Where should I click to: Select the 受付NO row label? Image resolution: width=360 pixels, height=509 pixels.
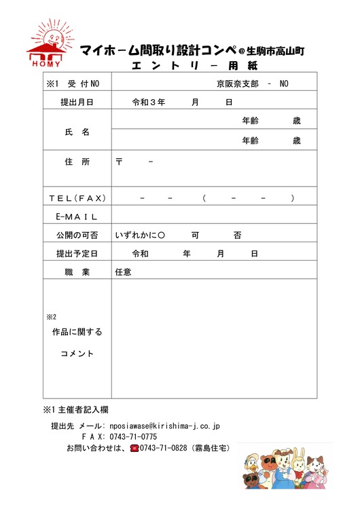point(73,83)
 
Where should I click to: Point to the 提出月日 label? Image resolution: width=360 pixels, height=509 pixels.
point(77,102)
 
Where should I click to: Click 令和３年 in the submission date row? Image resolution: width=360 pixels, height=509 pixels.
point(148,102)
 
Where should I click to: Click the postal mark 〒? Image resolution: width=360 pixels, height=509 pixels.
point(120,162)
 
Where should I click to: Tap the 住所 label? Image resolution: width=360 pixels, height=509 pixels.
point(77,162)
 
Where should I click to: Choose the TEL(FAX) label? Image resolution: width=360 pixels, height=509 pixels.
point(77,198)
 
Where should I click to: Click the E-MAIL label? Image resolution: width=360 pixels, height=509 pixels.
point(77,216)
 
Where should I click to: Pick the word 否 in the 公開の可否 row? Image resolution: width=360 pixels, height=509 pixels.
point(237,235)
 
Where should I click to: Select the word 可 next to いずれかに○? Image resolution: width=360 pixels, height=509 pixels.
point(195,235)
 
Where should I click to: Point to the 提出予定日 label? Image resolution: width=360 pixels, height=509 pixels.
point(77,254)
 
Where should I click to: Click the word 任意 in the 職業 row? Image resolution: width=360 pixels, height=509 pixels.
point(123,272)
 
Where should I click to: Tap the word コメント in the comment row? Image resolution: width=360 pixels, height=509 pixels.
point(77,354)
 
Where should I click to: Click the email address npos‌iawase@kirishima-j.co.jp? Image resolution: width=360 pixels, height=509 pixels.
point(160,426)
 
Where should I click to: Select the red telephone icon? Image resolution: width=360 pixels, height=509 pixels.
point(134,449)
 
